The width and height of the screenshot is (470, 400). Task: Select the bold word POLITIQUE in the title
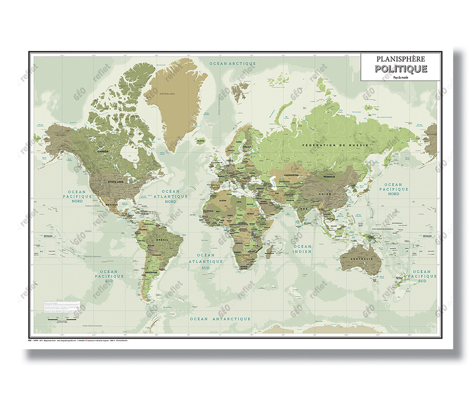(x=401, y=69)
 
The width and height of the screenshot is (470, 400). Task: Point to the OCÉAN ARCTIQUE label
(x=232, y=63)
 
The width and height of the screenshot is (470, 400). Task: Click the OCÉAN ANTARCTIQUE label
(x=220, y=319)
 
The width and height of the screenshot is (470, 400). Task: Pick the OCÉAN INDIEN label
(x=302, y=249)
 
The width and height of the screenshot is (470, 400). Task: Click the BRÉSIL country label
(x=163, y=239)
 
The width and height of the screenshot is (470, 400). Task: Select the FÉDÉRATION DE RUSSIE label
(x=334, y=146)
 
